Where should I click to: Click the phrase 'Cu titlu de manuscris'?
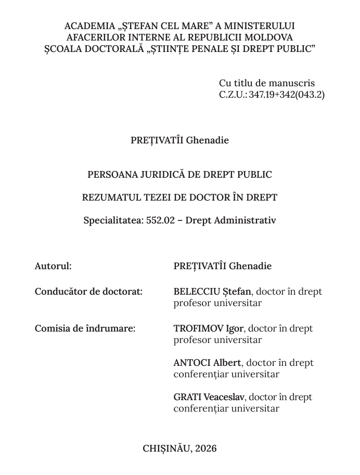[x=267, y=83]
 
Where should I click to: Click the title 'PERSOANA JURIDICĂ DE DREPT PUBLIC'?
[x=179, y=175]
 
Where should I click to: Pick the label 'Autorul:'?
[x=53, y=266]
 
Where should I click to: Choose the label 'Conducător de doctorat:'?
[x=88, y=292]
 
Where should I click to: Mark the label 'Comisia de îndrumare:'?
[x=85, y=328]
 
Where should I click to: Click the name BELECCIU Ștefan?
[x=212, y=292]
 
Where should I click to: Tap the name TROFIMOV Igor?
[x=208, y=328]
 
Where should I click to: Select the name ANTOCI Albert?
[x=207, y=363]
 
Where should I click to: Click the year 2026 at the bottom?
[x=206, y=448]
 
